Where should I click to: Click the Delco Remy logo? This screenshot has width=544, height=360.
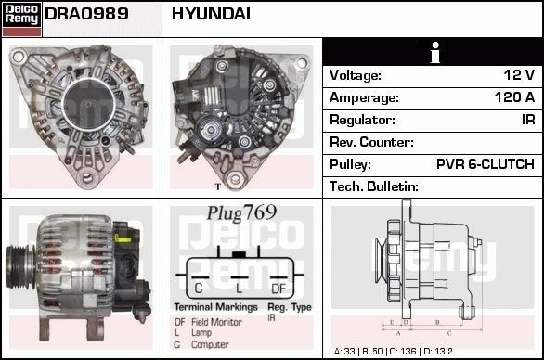coord(21,19)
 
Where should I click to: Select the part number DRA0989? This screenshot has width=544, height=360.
coord(86,14)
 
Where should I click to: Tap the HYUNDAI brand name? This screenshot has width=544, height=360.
coord(211,14)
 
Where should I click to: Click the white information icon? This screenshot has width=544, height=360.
coord(435,52)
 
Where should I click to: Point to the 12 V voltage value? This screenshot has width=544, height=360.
coord(519,75)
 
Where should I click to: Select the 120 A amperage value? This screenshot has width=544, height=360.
coord(514,97)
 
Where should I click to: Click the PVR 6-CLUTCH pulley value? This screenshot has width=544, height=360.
coord(486,164)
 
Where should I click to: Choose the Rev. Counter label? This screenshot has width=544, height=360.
coord(371,142)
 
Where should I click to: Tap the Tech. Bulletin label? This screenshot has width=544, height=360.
coord(374,186)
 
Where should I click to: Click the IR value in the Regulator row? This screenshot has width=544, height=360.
coord(528,120)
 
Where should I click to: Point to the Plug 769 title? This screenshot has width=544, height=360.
coord(241,212)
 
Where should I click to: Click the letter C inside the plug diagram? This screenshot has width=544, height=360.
coord(199,289)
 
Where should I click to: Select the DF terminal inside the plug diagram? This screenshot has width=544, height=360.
coord(278,289)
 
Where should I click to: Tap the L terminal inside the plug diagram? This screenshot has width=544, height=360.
coord(239,289)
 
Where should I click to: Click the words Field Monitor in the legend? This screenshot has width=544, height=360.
coord(216,322)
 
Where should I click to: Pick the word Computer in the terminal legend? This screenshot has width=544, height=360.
coord(210,345)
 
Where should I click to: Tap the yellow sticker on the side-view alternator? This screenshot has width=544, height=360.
coord(123,239)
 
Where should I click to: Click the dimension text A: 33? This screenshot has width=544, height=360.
coord(344,352)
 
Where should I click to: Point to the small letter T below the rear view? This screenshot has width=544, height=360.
coord(218,186)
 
